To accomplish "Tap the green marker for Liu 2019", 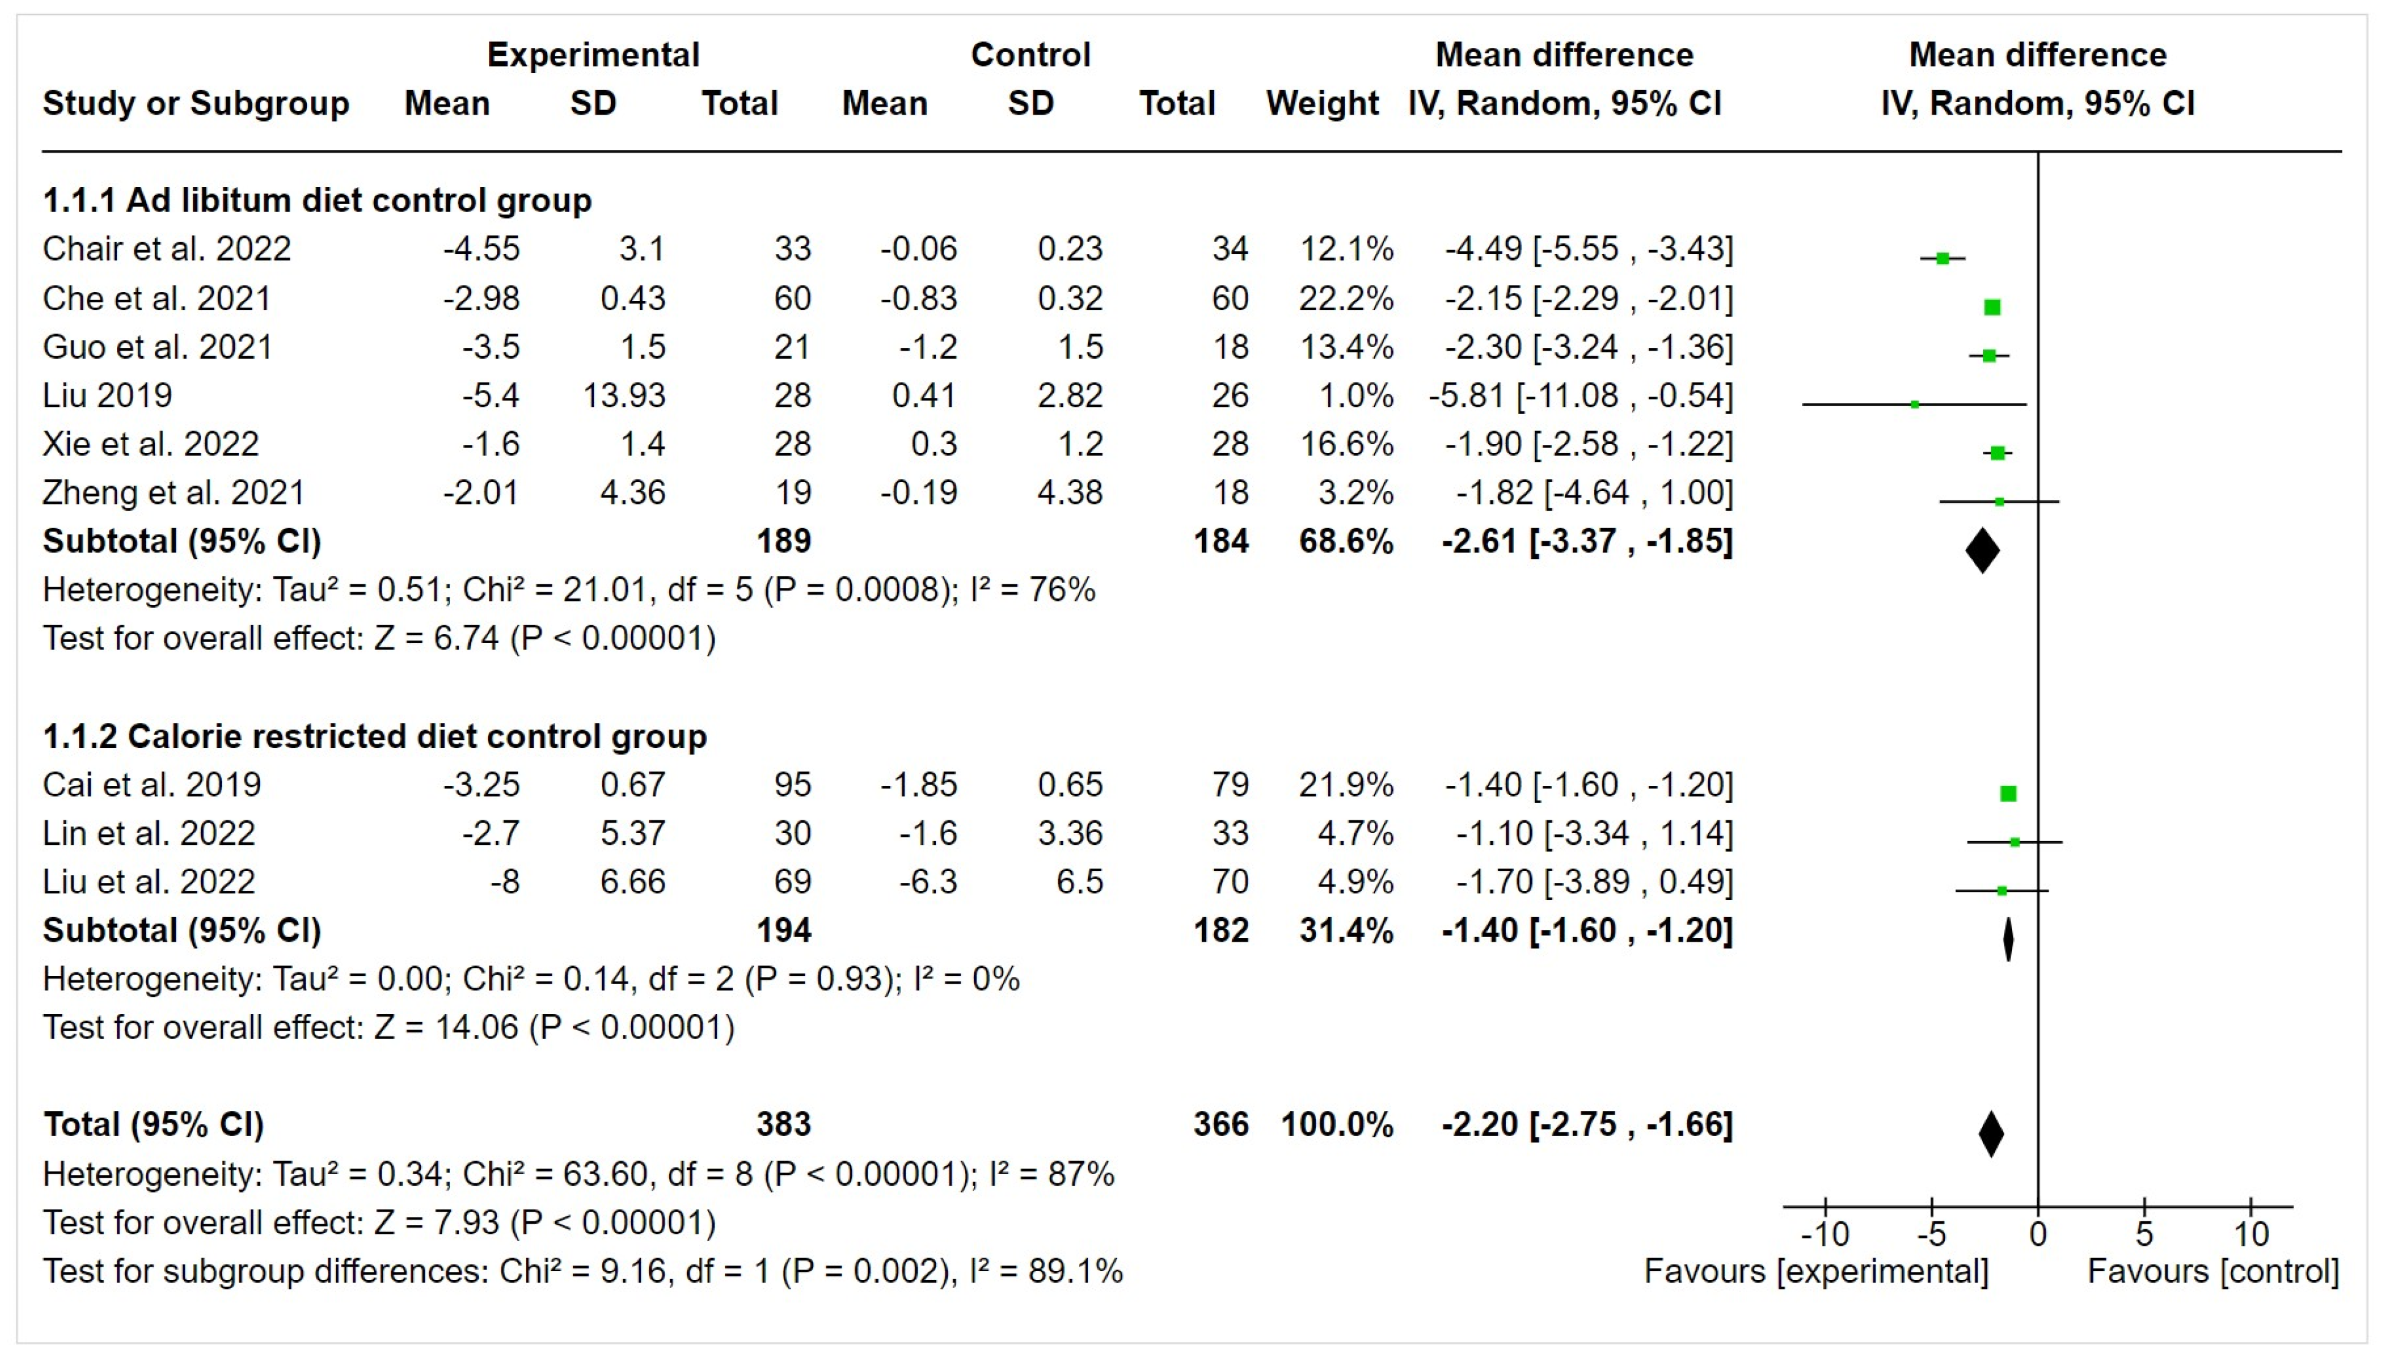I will pos(1914,404).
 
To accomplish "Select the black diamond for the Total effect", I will pos(1991,1133).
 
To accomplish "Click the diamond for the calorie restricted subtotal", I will pos(2008,939).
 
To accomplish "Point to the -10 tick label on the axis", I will pos(1824,1235).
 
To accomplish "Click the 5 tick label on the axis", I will pos(2144,1235).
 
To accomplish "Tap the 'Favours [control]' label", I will pos(2212,1272).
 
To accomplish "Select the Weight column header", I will pos(1322,104).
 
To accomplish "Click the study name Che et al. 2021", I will pos(157,299).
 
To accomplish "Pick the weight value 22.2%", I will pos(1346,299).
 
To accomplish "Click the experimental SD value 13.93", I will pos(624,395).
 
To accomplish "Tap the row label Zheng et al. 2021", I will pos(173,492).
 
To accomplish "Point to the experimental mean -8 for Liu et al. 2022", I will pos(505,882).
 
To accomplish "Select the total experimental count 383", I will pos(783,1124).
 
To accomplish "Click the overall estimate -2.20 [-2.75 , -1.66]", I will pos(1587,1124).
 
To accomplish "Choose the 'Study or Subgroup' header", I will pos(196,104).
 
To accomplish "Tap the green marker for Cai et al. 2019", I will pos(2008,794).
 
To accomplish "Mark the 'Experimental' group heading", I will pos(593,55).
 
